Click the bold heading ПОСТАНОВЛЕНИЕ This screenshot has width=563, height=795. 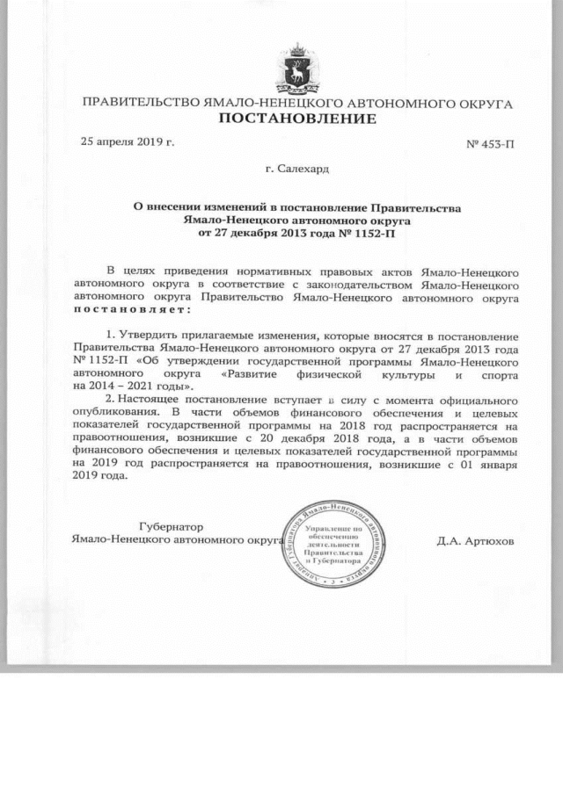tap(296, 119)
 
